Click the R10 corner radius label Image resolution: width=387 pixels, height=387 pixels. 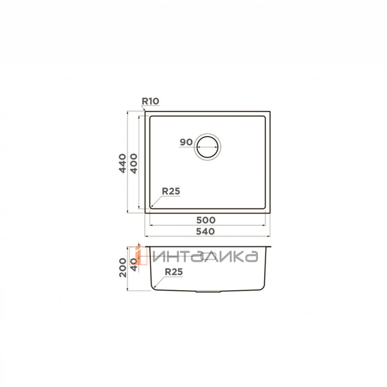[150, 101]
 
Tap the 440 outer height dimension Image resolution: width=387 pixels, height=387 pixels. [123, 163]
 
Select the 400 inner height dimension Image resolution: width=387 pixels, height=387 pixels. [134, 164]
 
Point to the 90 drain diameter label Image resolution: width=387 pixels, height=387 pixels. [186, 142]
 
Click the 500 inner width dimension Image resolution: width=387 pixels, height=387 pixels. [206, 220]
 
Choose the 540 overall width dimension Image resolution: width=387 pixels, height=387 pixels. [205, 232]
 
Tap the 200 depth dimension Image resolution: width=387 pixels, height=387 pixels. [123, 268]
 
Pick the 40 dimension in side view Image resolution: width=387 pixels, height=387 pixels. [134, 265]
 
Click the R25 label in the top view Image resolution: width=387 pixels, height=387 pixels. [171, 191]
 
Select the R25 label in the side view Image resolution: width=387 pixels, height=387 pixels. [174, 272]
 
